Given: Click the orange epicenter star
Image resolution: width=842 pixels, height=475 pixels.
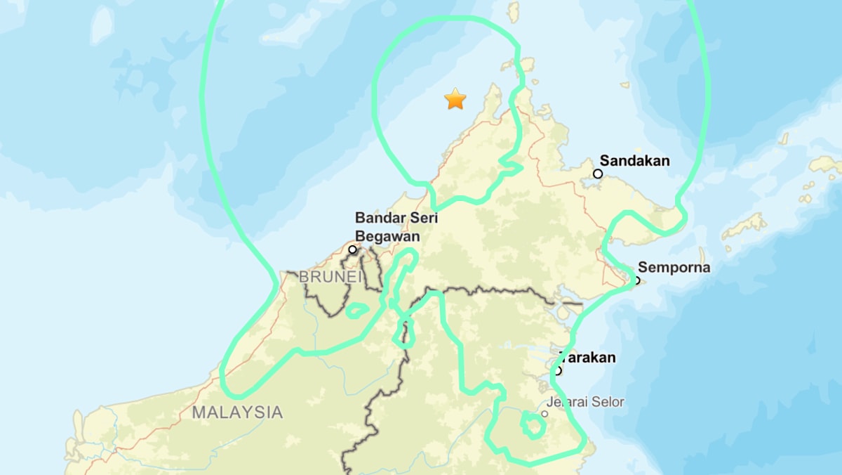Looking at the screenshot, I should pos(455,99).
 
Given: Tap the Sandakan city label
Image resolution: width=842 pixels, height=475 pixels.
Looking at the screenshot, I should pos(634,161).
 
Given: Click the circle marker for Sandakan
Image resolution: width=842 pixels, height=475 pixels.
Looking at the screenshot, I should pos(598,174).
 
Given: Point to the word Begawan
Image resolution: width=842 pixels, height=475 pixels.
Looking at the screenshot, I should pos(387,236).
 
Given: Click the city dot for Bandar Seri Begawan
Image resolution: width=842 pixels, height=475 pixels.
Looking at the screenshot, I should pos(353,249).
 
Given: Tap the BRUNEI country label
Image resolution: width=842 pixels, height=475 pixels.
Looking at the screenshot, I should pos(331,278).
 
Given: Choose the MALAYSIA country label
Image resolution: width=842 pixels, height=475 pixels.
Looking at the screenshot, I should pos(238,412).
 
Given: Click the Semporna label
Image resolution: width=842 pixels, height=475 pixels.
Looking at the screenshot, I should pos(674,268).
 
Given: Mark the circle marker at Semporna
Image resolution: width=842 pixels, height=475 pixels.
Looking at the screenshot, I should pos(637,280).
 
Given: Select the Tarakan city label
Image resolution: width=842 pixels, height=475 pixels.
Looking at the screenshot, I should pos(589,358).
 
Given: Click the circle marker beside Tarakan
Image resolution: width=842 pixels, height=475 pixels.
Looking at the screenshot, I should pos(558,370).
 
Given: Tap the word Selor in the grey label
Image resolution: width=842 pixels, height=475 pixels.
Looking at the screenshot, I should pos(607,403).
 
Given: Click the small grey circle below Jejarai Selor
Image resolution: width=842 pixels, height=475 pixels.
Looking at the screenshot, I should pos(544,414).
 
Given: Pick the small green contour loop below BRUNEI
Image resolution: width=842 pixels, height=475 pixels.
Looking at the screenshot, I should pos(358,309).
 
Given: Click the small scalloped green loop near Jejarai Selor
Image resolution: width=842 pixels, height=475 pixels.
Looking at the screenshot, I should pos(533,425).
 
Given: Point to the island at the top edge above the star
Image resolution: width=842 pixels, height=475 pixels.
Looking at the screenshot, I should pos(513,11).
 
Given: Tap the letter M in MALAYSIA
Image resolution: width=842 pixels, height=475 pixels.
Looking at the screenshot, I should pos(200,412).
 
